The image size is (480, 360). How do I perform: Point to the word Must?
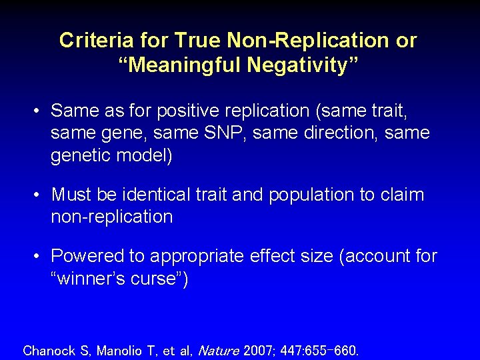click(71, 195)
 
